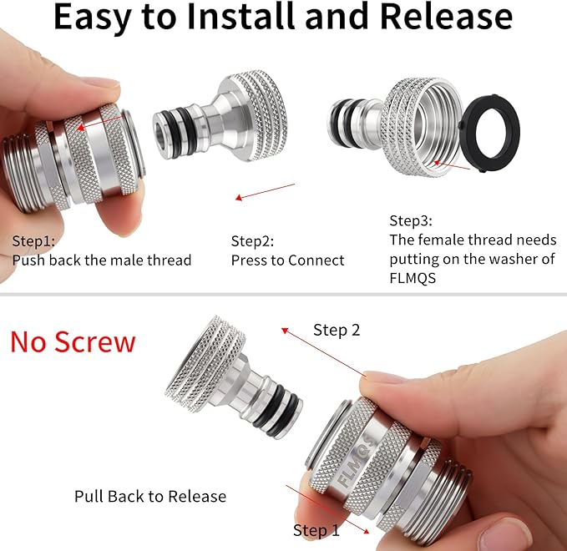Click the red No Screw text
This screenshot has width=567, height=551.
click(73, 341)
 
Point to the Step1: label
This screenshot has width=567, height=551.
click(33, 241)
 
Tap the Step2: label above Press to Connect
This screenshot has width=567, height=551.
click(251, 241)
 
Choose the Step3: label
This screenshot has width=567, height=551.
click(411, 221)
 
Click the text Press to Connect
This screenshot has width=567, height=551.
click(287, 260)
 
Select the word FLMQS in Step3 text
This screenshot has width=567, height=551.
click(415, 278)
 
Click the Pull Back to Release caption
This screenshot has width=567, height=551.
click(150, 496)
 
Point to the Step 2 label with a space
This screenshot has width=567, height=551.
click(337, 330)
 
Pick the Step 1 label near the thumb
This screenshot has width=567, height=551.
click(316, 530)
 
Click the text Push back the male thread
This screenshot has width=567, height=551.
click(101, 260)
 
